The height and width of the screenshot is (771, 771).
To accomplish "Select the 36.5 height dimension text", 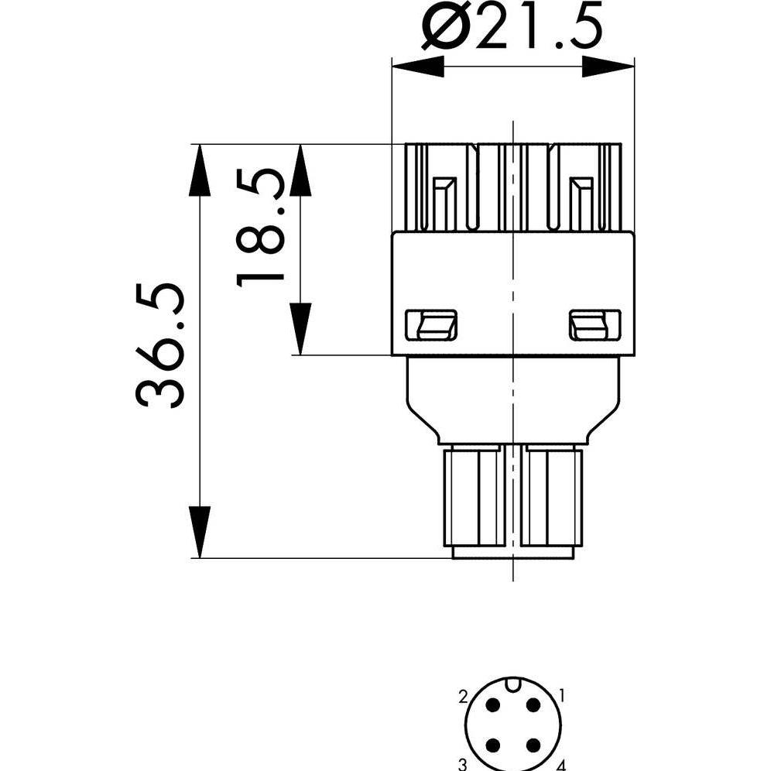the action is pos(159,345).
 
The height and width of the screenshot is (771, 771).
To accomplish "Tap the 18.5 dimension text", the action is pos(260,228).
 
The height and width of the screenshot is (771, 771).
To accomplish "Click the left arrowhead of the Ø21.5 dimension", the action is pos(417,67).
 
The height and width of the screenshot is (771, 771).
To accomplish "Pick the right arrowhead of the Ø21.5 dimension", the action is pos(608,67).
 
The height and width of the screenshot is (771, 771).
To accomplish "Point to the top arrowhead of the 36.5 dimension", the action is pos(200,170).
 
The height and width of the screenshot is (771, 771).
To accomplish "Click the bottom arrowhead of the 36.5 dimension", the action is pos(200,532).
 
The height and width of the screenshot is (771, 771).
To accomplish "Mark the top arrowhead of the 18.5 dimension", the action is pos(300,170).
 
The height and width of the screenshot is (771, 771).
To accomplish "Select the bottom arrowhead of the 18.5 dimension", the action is pos(300,329).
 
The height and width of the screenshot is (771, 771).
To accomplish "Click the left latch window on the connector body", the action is pos(430,325).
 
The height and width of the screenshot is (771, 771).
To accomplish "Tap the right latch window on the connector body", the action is pos(595,325).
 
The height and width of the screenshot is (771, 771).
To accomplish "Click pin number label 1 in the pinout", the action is pos(561,696).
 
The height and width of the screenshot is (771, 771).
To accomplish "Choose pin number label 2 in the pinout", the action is pos(463,696).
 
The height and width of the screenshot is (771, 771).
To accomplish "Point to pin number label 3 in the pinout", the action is pos(462,764).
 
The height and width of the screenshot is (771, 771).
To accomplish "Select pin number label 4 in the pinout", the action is pos(562,765).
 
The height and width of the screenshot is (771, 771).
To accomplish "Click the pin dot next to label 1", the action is pos(533,705).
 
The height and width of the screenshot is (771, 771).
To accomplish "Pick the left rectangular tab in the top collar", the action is pos(444,204).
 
